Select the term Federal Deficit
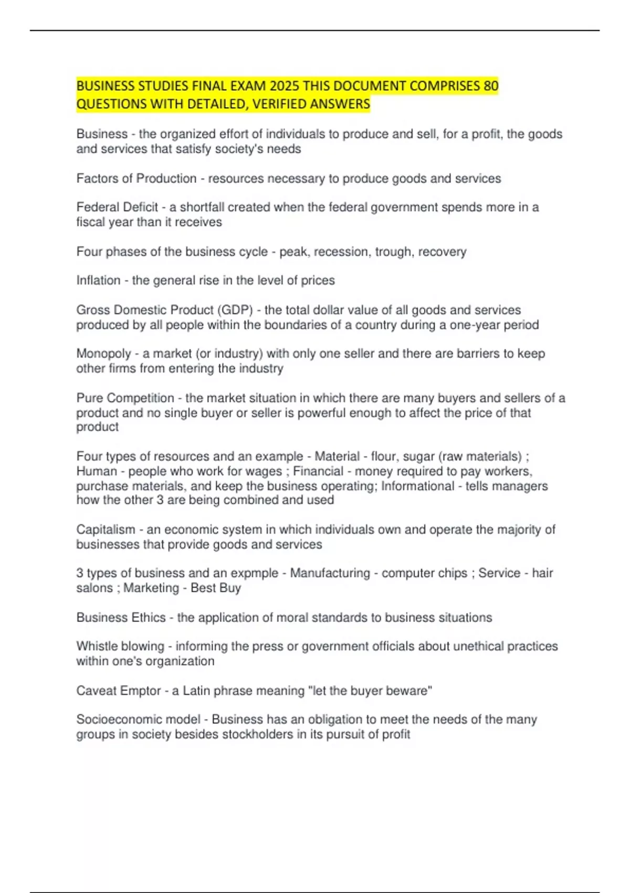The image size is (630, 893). tap(117, 207)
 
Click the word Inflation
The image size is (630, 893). tap(98, 281)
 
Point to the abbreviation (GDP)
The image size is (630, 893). tap(236, 310)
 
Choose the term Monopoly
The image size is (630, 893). tap(103, 354)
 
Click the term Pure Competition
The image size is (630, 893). tap(125, 398)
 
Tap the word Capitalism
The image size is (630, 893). tap(106, 529)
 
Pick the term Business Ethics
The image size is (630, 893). tap(121, 617)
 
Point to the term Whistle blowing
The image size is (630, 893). tap(120, 646)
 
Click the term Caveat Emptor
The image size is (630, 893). tap(118, 691)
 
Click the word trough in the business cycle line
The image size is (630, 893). tap(393, 252)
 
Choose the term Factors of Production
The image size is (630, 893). tap(136, 179)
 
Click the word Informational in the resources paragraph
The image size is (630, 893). tap(417, 486)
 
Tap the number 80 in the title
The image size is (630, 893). tap(490, 86)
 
